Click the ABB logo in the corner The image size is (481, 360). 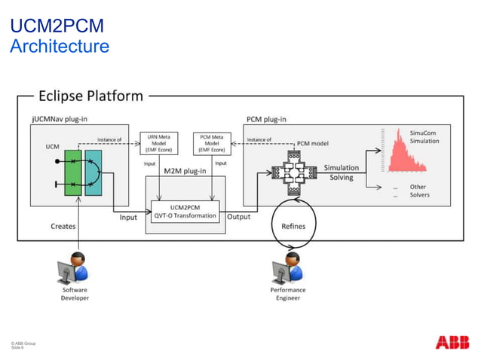452,343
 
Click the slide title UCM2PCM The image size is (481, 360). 56,27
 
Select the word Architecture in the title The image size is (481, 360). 60,47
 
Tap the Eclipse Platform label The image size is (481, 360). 90,96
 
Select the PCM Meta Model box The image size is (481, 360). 212,142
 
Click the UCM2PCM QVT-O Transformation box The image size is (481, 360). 185,210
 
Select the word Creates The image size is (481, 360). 63,225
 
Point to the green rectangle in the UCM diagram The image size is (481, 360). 73,172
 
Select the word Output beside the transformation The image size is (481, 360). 239,217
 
